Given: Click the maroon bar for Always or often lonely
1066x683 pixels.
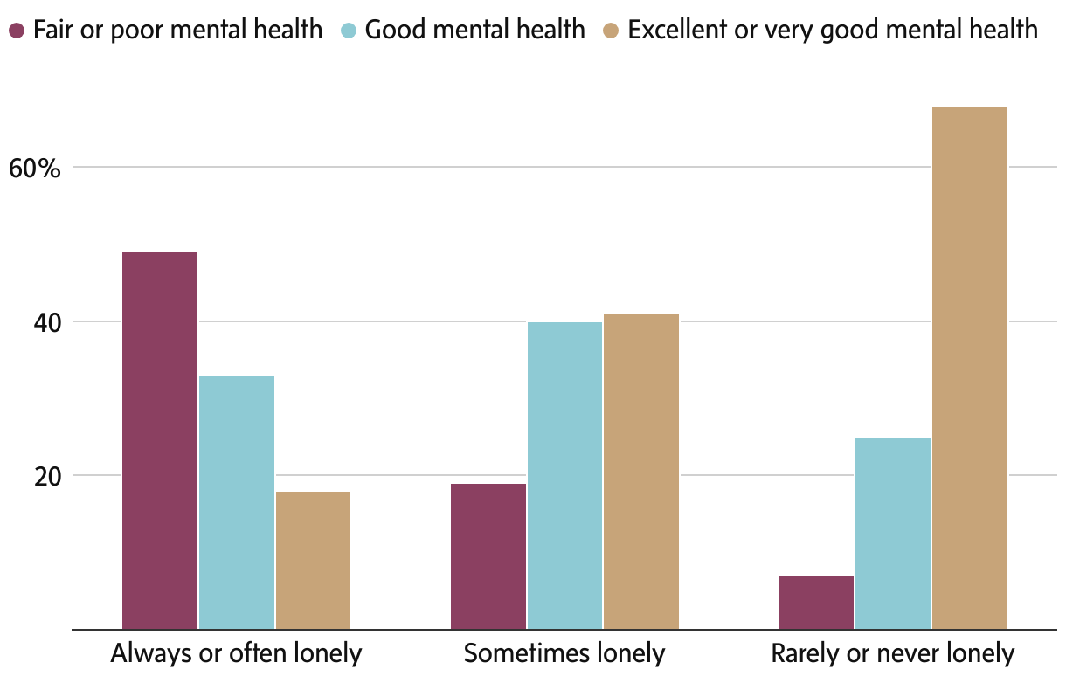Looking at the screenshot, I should tap(160, 440).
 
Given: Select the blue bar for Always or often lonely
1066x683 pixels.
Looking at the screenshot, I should tap(237, 502).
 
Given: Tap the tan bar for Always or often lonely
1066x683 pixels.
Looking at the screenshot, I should tap(313, 560).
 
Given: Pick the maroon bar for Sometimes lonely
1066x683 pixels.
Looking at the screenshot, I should tap(488, 556).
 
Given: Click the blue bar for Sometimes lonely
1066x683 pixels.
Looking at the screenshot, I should tap(564, 475).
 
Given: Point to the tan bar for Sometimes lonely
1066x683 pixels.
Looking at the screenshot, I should tap(641, 472).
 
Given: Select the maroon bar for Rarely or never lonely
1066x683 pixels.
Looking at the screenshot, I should tap(816, 603).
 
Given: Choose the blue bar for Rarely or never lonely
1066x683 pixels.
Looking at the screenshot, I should tap(893, 533).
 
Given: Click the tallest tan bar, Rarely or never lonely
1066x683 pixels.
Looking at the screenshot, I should tap(970, 368).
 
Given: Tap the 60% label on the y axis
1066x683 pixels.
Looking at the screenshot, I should tap(34, 168).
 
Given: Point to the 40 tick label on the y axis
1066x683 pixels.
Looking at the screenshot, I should tap(45, 322).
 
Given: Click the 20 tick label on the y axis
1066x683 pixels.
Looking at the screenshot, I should tap(45, 476).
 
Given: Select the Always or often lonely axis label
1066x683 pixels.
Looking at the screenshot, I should tap(236, 653).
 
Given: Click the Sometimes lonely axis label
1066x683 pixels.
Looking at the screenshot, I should tap(564, 653).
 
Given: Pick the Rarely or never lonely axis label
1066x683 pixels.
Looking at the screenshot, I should tap(893, 653).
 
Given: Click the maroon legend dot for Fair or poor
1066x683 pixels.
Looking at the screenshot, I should tap(17, 31).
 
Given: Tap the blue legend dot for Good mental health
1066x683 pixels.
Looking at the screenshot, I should tap(348, 31).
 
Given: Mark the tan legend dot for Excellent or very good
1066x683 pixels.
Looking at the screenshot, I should tap(611, 31).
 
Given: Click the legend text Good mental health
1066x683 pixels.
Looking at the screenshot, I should tap(474, 31).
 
